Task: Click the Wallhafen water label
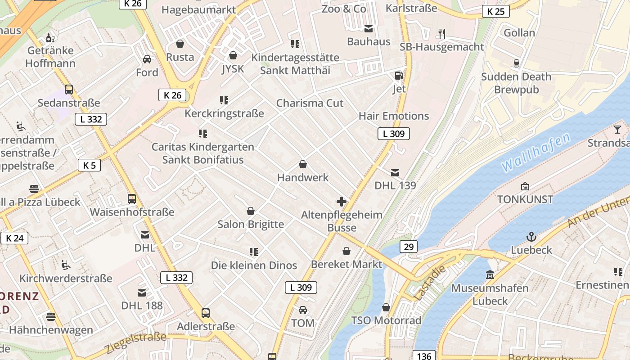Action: [x=535, y=152]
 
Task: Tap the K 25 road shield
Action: [x=495, y=11]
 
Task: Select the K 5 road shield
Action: [x=89, y=165]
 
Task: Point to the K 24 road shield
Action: [x=14, y=238]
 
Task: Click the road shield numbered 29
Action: [x=408, y=247]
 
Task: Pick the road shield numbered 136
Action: [x=424, y=356]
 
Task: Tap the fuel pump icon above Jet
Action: [x=399, y=76]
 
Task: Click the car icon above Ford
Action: [x=147, y=59]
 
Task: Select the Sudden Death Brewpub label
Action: [x=516, y=83]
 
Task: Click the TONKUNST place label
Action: [x=525, y=199]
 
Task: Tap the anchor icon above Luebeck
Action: [x=531, y=236]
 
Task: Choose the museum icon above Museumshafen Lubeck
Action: [x=490, y=274]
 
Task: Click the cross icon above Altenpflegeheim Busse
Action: [x=342, y=201]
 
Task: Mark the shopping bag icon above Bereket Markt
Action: [x=346, y=251]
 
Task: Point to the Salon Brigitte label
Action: [x=251, y=224]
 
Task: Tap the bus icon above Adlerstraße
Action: [x=206, y=313]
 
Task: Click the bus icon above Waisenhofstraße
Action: [x=132, y=198]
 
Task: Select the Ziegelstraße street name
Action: [x=136, y=342]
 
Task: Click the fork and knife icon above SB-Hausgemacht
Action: [x=442, y=33]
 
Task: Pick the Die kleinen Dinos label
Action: [x=254, y=265]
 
